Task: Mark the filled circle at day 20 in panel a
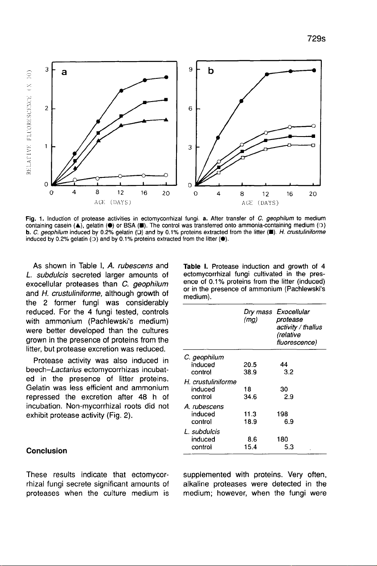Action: (x=166, y=77)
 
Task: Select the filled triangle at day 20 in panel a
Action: (x=166, y=119)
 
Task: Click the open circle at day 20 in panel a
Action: (x=166, y=175)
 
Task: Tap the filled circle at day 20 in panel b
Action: (x=314, y=70)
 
